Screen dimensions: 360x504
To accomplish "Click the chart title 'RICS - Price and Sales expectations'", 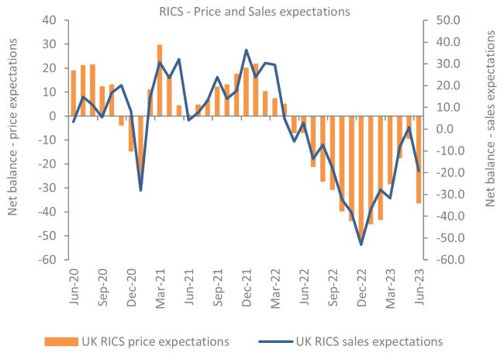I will click(252, 11).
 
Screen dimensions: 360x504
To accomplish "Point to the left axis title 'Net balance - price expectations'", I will click(13, 140).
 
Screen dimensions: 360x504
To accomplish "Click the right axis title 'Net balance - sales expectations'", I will click(490, 140).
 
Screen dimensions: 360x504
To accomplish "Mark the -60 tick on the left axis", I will click(49, 260).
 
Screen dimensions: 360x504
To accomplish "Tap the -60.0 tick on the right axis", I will click(448, 260).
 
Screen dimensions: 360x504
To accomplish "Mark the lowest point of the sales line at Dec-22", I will click(361, 244).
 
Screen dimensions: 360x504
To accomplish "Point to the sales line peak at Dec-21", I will click(246, 50).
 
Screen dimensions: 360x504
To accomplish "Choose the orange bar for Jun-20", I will click(74, 93).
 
